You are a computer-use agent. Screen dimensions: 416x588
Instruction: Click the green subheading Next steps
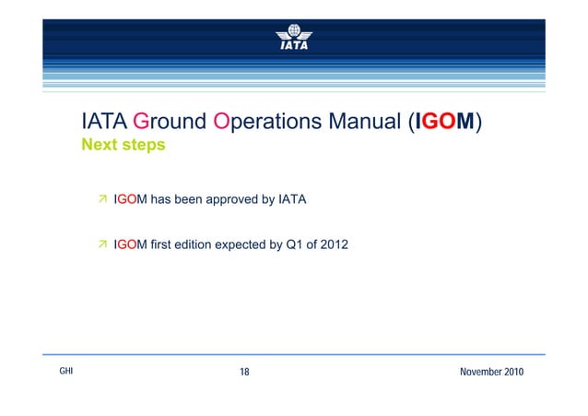(x=123, y=146)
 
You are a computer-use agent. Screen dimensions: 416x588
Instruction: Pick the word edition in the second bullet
(x=194, y=244)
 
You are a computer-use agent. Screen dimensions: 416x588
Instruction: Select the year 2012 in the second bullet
(x=335, y=244)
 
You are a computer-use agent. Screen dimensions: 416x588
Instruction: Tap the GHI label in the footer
(x=66, y=371)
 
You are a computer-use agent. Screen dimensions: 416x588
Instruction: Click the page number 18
(x=245, y=372)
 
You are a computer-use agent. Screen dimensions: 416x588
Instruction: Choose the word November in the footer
(x=477, y=372)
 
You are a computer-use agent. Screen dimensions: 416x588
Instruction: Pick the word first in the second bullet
(x=158, y=244)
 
